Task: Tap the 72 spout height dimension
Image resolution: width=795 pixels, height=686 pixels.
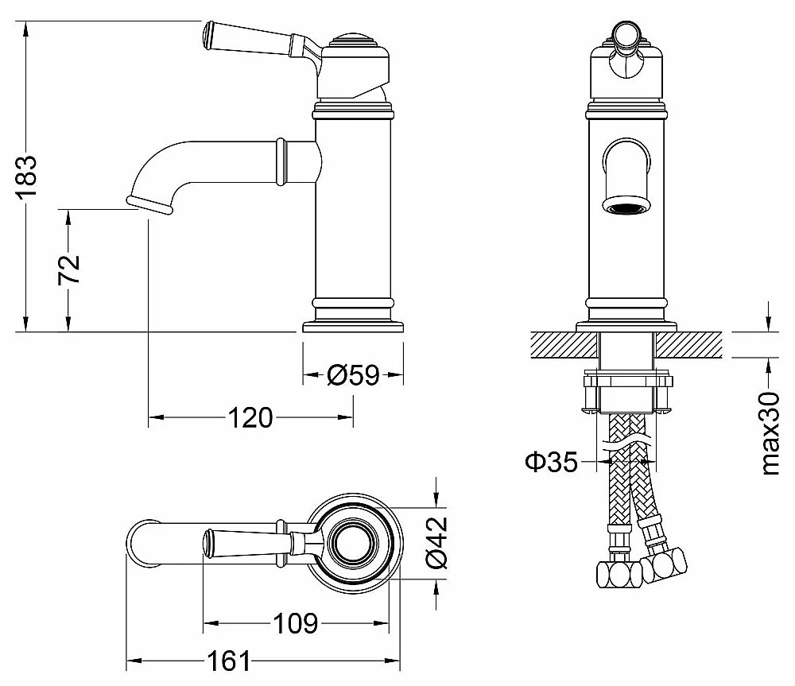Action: pyautogui.click(x=69, y=269)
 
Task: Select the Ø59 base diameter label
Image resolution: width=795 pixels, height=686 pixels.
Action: pyautogui.click(x=353, y=375)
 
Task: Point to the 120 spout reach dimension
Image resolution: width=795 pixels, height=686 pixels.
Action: pyautogui.click(x=250, y=418)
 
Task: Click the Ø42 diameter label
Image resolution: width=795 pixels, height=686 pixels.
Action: pyautogui.click(x=436, y=542)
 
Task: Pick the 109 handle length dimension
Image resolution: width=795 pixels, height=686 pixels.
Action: pyautogui.click(x=296, y=623)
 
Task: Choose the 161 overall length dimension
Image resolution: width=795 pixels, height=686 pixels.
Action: pyautogui.click(x=229, y=661)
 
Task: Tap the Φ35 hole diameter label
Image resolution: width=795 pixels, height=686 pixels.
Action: pyautogui.click(x=551, y=461)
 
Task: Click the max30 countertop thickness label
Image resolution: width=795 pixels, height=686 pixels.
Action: pyautogui.click(x=770, y=433)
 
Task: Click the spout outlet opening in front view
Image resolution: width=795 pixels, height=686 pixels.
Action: pyautogui.click(x=626, y=207)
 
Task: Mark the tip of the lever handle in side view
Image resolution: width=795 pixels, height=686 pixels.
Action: pyautogui.click(x=207, y=36)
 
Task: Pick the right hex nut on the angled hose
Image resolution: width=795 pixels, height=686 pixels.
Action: pyautogui.click(x=665, y=563)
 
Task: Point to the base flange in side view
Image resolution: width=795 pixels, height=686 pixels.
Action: pyautogui.click(x=353, y=327)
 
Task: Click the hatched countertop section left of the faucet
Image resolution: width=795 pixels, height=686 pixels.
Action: pyautogui.click(x=564, y=345)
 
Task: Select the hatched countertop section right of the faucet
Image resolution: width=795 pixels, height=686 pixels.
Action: pyautogui.click(x=688, y=345)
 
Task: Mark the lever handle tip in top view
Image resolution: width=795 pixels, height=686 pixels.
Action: pyautogui.click(x=207, y=543)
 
